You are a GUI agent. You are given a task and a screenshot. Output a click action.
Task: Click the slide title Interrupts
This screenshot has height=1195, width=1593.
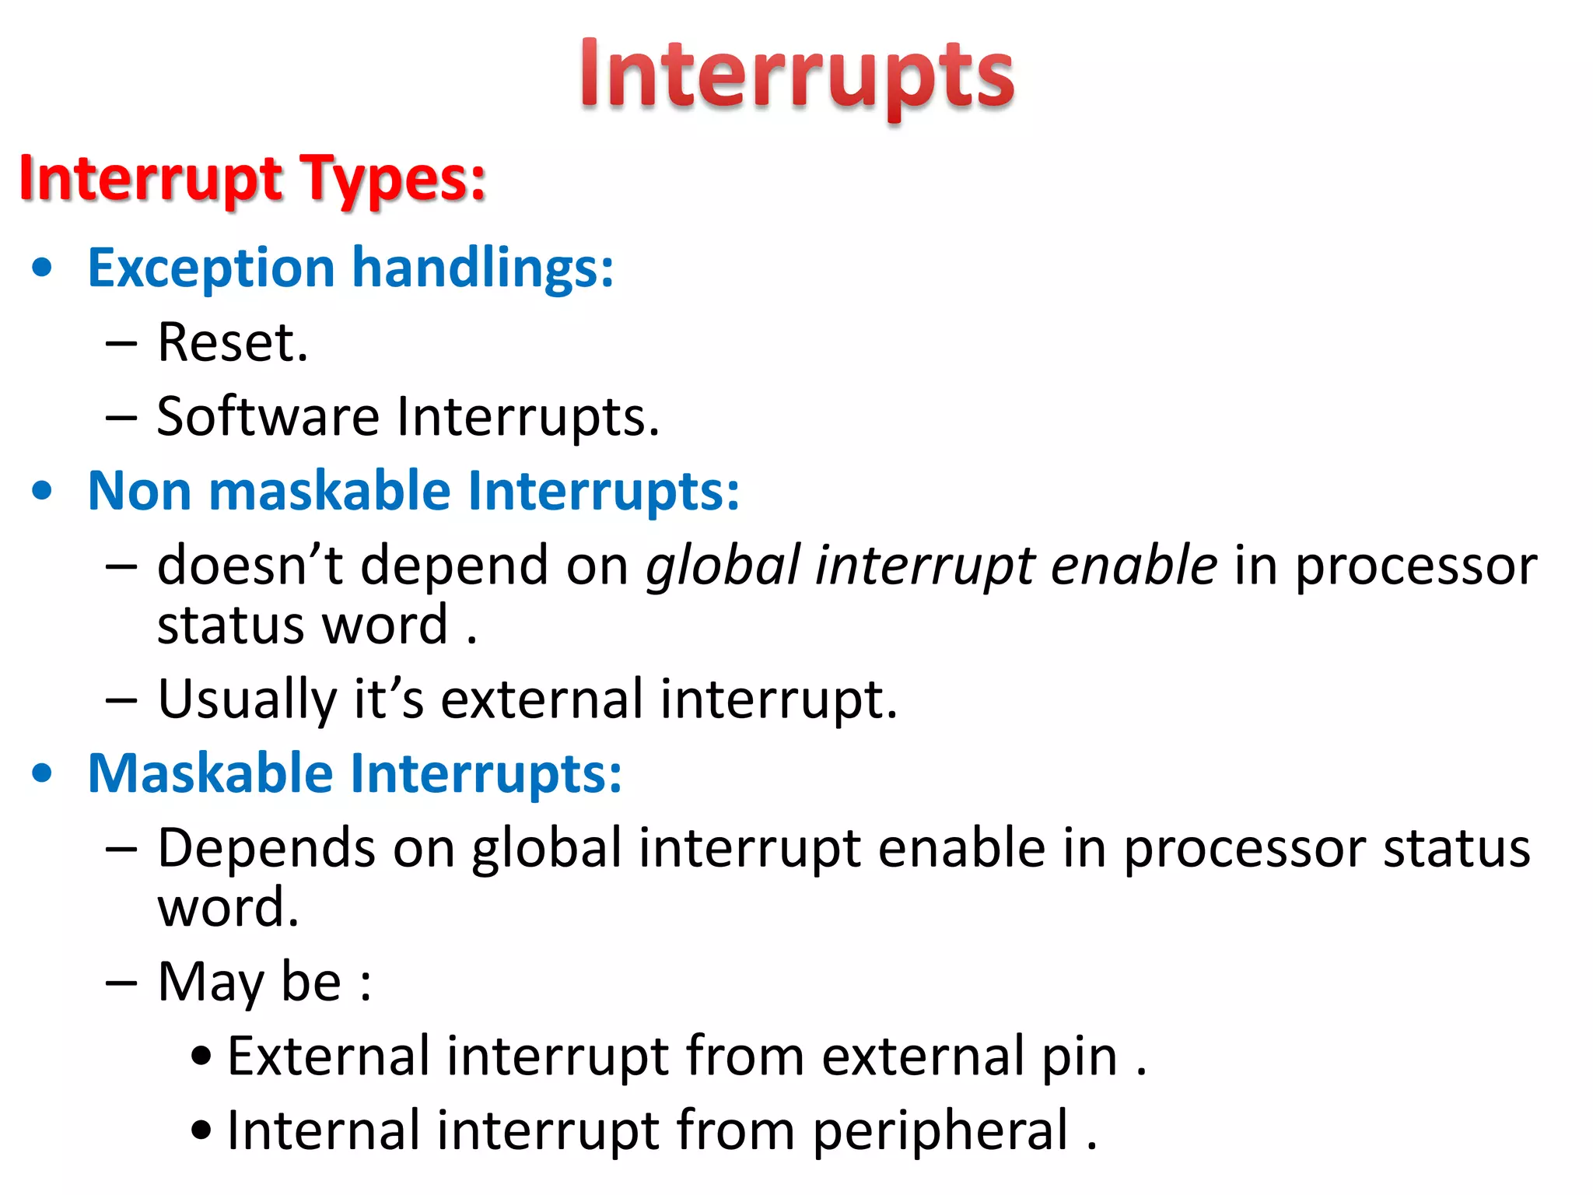796,76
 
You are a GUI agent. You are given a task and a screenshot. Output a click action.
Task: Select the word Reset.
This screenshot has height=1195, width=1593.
233,342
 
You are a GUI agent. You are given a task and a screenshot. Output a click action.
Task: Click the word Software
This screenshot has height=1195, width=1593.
268,417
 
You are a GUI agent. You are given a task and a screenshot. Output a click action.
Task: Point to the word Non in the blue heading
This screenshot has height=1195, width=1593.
139,492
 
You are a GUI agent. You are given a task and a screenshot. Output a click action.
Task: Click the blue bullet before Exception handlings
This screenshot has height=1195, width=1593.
43,268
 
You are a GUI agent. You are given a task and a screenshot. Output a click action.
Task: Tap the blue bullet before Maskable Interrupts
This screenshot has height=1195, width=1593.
43,774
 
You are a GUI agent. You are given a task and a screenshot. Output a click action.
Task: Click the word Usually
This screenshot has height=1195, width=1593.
247,699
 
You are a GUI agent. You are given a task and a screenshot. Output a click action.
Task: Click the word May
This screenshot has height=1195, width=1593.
210,982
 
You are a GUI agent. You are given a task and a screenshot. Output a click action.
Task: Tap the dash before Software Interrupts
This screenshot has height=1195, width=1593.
121,417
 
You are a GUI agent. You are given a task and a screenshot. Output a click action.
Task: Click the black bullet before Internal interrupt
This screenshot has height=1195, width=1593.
201,1131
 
